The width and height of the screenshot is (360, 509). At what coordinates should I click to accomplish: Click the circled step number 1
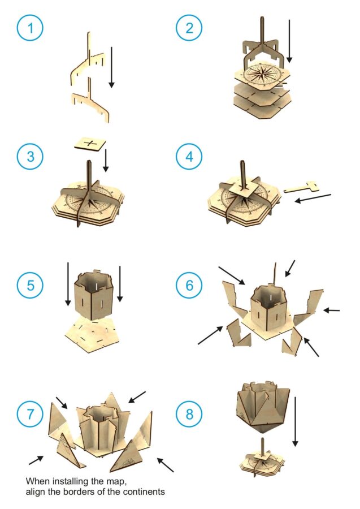(x=30, y=28)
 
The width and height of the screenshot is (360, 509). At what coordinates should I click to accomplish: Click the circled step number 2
(x=189, y=28)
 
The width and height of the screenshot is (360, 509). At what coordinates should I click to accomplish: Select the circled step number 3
(x=30, y=157)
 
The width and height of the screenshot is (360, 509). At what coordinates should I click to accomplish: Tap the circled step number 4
(x=189, y=157)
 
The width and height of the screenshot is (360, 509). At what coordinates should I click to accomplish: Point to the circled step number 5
(x=30, y=285)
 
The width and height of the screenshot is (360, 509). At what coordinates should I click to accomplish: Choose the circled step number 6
(x=189, y=285)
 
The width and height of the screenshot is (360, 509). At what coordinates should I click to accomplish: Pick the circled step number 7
(x=30, y=414)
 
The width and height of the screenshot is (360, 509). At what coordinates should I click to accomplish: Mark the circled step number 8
(x=189, y=414)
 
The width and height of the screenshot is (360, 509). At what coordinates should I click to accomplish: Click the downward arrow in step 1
(x=111, y=67)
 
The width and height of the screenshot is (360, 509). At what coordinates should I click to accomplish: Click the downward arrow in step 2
(x=289, y=41)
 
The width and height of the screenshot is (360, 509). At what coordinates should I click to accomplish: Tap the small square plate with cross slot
(x=90, y=144)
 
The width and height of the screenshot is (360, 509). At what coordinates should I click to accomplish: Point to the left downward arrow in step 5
(x=68, y=284)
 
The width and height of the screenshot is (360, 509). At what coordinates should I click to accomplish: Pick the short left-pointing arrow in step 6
(x=331, y=310)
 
